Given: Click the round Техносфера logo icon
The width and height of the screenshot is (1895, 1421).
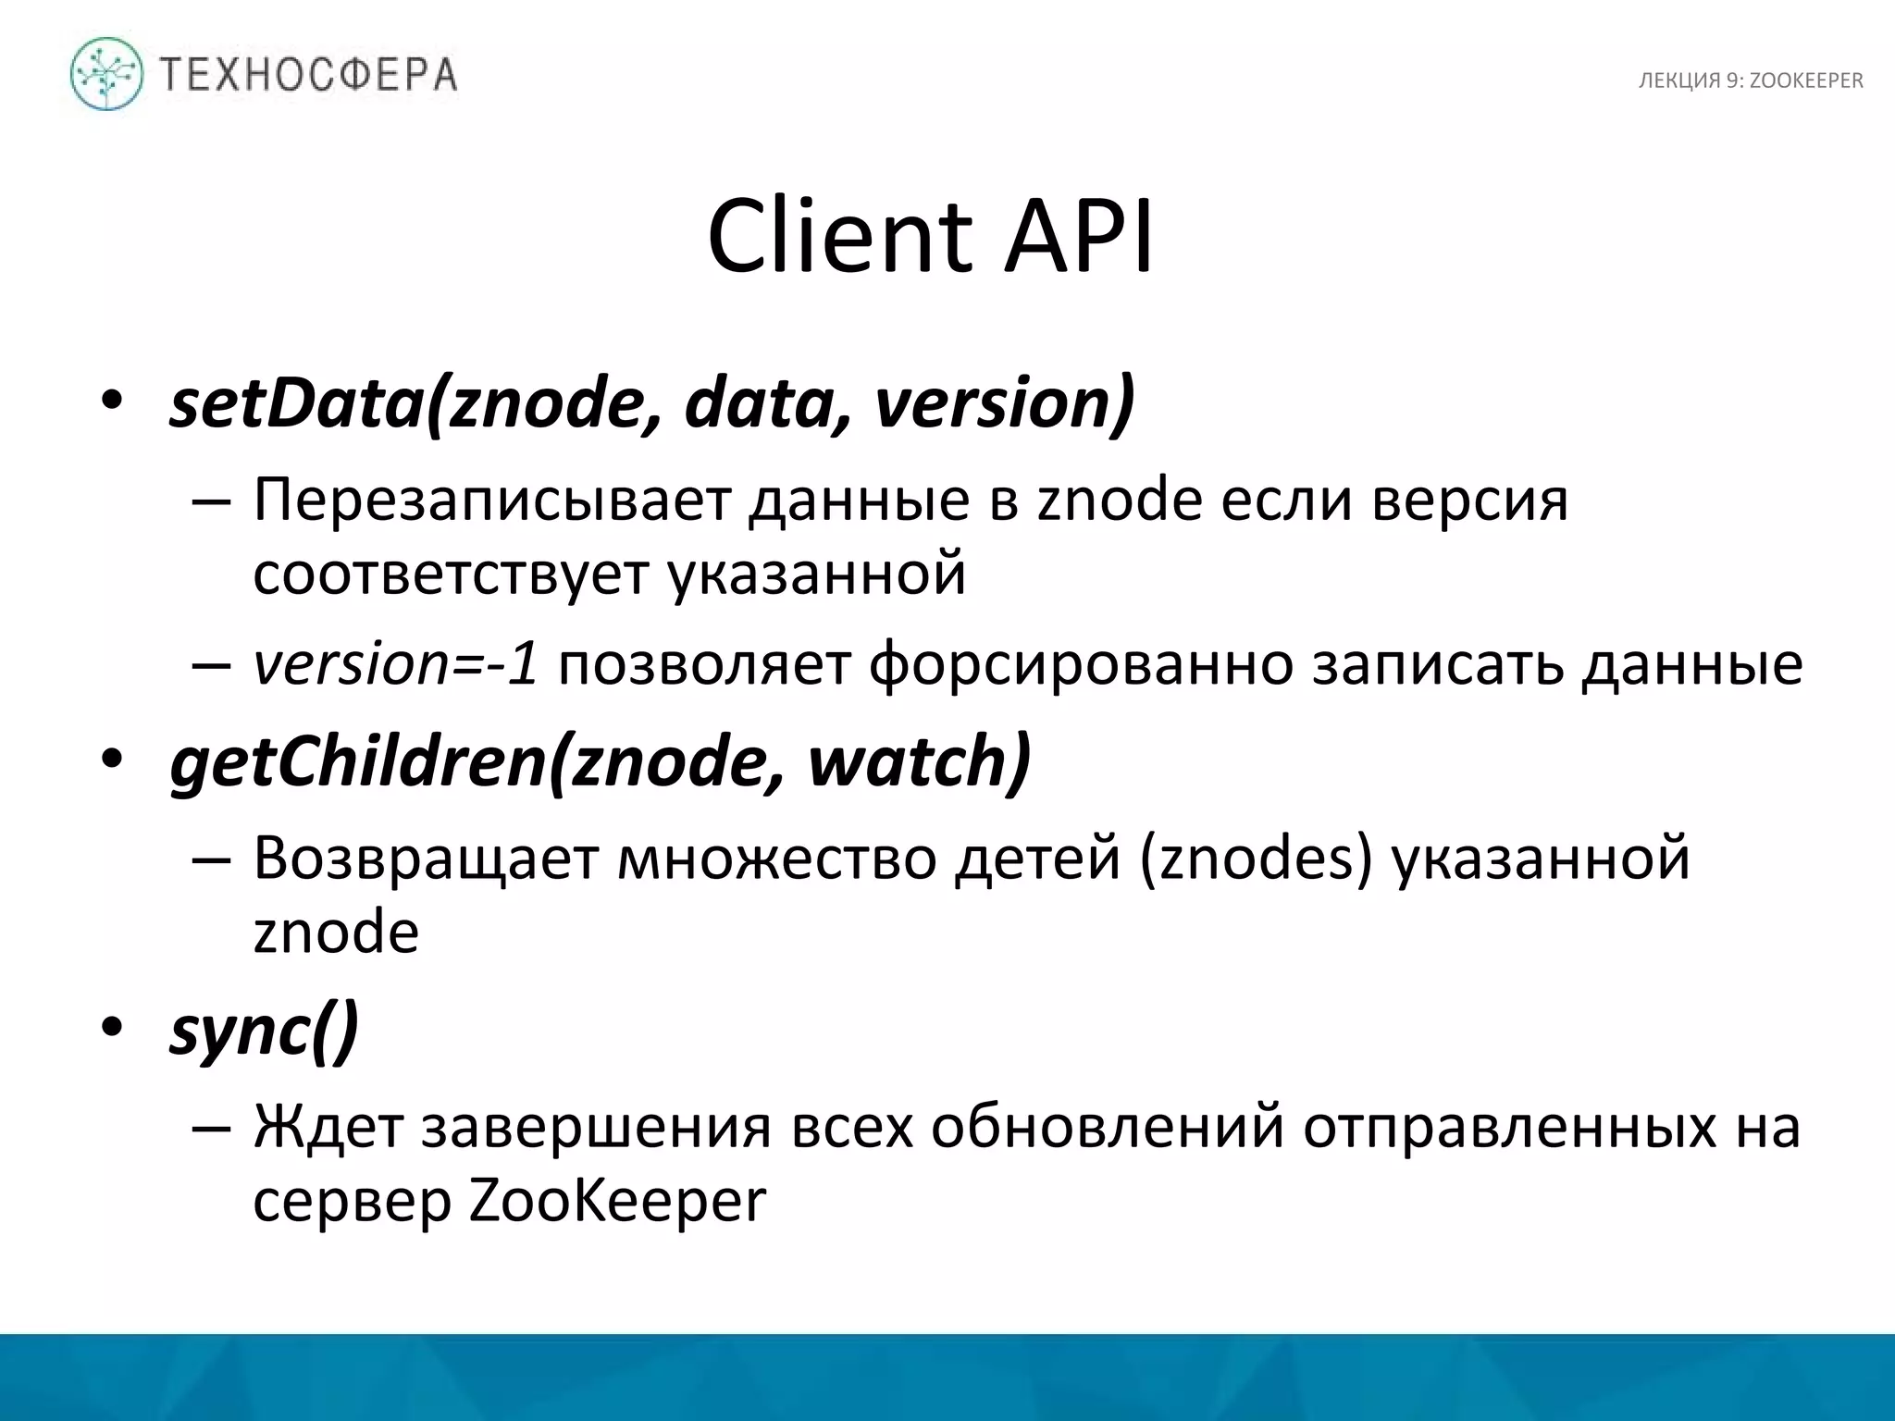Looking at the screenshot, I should (106, 74).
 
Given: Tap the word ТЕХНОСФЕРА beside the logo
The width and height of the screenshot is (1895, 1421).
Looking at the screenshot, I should (309, 74).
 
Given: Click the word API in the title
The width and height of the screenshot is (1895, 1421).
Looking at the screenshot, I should (1079, 237).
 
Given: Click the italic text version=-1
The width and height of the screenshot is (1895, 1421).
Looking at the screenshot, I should (396, 664).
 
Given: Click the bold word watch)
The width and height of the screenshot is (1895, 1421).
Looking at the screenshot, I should (920, 761).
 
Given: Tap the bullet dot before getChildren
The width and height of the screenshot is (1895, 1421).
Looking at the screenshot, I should (112, 760).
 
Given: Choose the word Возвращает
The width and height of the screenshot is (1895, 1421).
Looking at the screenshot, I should (427, 859).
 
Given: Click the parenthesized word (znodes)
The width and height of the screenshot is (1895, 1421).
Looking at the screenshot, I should (1256, 859).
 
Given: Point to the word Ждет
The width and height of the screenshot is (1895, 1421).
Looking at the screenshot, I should (328, 1127).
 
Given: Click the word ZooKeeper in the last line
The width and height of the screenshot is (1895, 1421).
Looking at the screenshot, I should (618, 1201).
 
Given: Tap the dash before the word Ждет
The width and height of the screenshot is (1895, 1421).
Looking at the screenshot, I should (211, 1127).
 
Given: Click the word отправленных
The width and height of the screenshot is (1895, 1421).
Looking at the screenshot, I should (1509, 1127).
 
